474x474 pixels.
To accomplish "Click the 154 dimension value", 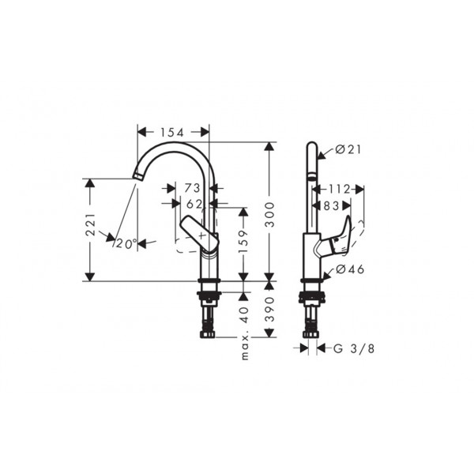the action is pos(171,133).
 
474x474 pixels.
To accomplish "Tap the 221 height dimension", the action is pos(90,224).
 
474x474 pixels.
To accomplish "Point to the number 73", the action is pos(192,188).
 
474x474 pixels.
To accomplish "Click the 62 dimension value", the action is pos(194,204).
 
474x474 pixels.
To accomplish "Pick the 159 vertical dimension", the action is pos(243,242).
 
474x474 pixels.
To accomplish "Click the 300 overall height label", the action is pos(269,215).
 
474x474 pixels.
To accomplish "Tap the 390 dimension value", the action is pos(269,309).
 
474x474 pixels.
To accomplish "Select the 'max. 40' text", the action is pos(245,333).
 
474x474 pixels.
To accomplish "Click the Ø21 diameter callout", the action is pos(348,149).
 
